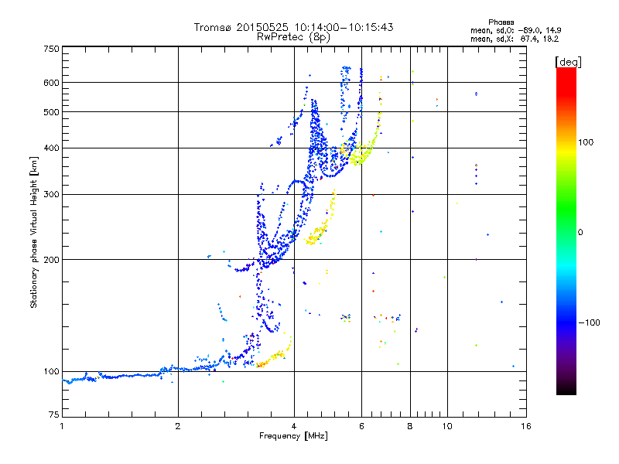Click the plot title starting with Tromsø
point(293,27)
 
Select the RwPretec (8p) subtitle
point(293,36)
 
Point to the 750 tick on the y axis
point(51,49)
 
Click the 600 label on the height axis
point(51,83)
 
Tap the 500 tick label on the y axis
point(51,112)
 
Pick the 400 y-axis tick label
point(51,148)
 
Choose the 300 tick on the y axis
point(51,195)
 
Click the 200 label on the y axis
point(51,260)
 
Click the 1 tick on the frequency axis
point(62,426)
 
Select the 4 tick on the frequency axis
point(294,426)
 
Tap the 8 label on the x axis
point(410,426)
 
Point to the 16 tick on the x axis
point(525,426)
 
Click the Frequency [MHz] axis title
point(293,437)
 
